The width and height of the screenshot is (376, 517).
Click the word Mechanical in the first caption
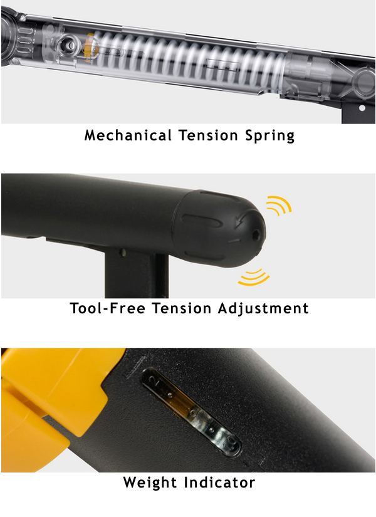(x=128, y=135)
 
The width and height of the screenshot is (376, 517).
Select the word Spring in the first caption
(x=270, y=136)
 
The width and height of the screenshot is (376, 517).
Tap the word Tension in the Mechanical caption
(x=208, y=135)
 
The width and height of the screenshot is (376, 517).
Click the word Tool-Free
(x=108, y=308)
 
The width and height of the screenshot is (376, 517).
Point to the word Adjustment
(x=263, y=309)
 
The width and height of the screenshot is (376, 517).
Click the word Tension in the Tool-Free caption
(x=181, y=308)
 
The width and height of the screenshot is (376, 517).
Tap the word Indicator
(x=220, y=483)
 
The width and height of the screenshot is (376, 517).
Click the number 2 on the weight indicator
(x=155, y=382)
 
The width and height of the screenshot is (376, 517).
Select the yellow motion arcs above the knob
(x=279, y=205)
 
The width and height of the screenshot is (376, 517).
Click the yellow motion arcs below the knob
(x=254, y=278)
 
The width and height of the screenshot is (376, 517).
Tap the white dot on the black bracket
(x=362, y=108)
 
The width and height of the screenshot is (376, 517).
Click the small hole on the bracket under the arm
(x=123, y=253)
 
